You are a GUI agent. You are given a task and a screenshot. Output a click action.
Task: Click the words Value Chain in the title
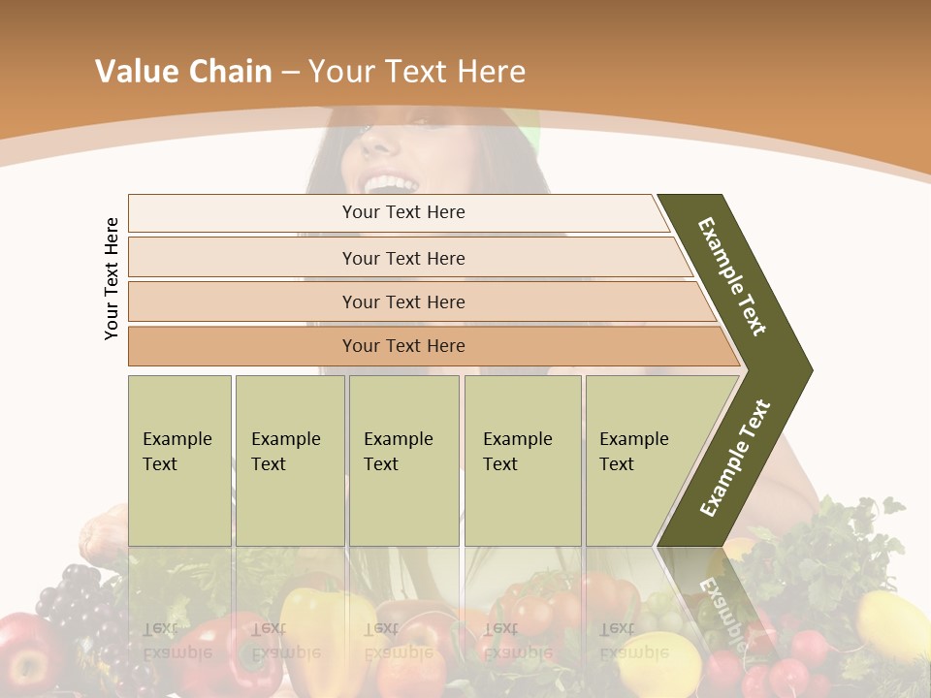coord(183,72)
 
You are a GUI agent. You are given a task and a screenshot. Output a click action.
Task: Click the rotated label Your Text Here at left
coord(112,279)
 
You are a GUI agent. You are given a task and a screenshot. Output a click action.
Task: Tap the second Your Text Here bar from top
coord(403,258)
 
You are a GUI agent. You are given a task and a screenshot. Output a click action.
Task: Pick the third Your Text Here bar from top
coord(403,301)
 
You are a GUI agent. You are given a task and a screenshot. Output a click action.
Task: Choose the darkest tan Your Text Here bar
coord(403,346)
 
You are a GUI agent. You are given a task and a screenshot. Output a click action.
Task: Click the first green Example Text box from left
coord(179,460)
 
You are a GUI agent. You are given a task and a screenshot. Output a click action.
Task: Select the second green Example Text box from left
coord(289,460)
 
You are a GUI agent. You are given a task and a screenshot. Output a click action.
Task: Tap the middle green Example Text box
coord(403,460)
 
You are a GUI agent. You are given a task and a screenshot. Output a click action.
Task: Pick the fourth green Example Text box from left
coord(522,460)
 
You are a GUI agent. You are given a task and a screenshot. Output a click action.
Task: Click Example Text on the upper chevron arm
coord(732,276)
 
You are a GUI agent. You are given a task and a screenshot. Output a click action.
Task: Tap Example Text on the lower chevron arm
coord(735,459)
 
